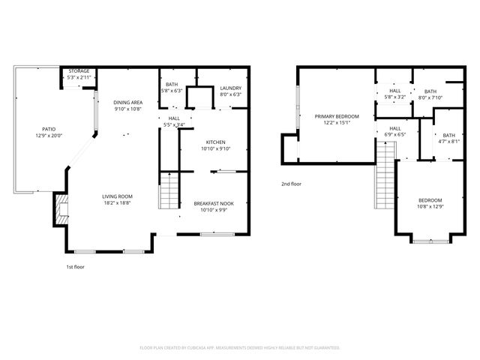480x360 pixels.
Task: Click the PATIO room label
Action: coord(48,129)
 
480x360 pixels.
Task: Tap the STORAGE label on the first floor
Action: coord(79,70)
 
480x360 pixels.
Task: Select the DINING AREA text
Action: coord(128,102)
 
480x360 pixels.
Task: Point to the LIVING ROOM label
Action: coord(117,196)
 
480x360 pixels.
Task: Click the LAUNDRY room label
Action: coord(230,88)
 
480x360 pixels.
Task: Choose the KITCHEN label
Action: coord(216,142)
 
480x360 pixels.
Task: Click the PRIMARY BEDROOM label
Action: coord(337,116)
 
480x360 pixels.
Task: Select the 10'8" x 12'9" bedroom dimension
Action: coord(430,206)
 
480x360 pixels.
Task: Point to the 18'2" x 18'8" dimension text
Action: coord(117,203)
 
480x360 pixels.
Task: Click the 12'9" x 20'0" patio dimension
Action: coord(48,136)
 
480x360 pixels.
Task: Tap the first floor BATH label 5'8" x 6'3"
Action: coord(172,84)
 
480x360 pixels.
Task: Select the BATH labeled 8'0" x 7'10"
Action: coord(430,91)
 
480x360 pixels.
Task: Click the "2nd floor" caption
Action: coord(291,184)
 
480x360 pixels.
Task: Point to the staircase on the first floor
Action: coord(169,190)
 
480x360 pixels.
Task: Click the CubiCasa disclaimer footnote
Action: coord(240,347)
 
